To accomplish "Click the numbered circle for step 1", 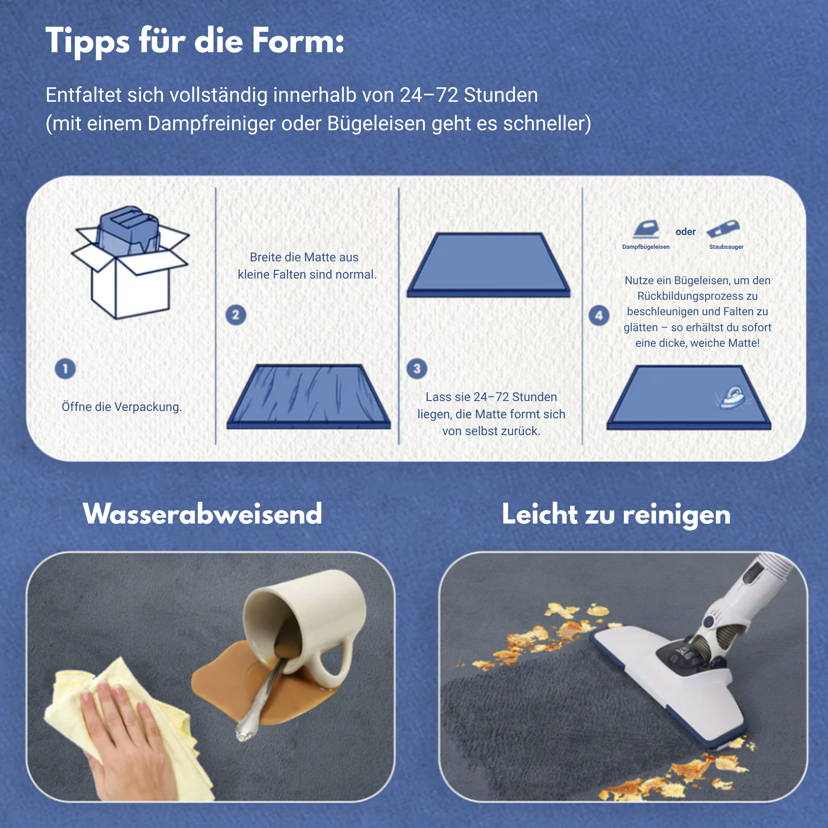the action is tap(65, 369).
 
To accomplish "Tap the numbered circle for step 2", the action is tap(236, 315).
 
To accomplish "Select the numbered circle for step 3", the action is tap(417, 369).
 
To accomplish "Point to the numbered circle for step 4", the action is tap(599, 316).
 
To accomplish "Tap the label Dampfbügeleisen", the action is tap(646, 247).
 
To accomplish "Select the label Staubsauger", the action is tap(726, 247).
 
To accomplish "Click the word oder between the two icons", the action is tap(686, 232).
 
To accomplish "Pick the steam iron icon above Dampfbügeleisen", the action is tap(646, 229).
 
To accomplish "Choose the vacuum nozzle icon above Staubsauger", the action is tap(723, 229).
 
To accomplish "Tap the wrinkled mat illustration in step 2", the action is tap(309, 397).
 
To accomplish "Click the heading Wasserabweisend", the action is tap(203, 514).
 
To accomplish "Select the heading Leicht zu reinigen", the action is tap(616, 515).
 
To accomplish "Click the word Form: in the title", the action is tap(298, 41).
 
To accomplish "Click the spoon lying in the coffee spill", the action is tap(261, 695).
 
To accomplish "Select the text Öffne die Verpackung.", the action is tap(122, 407).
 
